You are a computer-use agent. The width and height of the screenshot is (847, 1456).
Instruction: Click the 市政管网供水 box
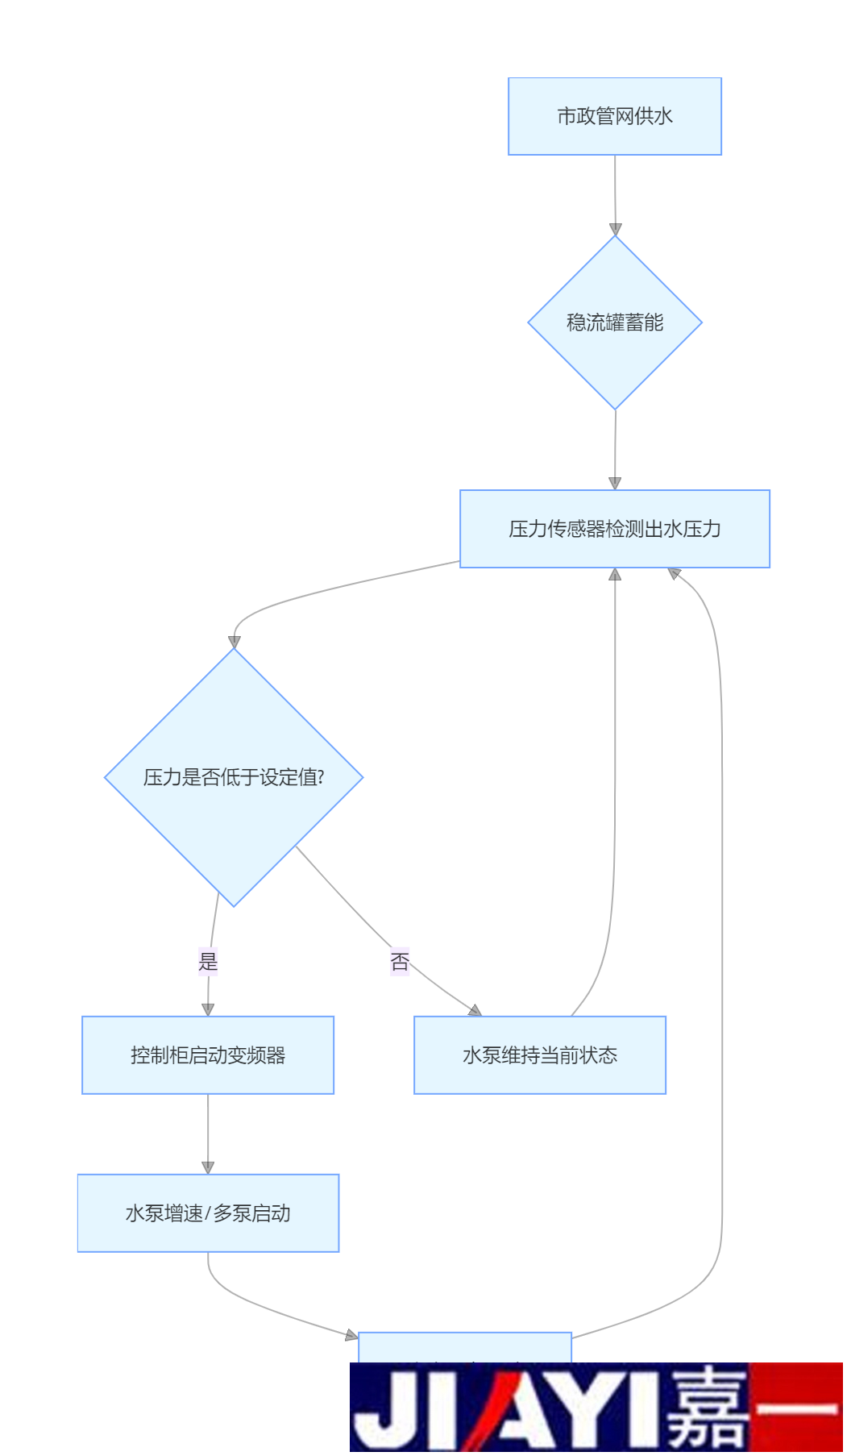coord(614,116)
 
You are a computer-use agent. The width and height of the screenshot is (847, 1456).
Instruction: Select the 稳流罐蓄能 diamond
coord(614,322)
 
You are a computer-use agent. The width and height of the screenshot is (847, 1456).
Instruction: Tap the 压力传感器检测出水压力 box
coord(614,529)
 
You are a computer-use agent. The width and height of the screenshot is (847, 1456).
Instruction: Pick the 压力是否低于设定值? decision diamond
coord(234,777)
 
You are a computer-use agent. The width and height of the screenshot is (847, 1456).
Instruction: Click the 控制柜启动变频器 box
coord(208,1055)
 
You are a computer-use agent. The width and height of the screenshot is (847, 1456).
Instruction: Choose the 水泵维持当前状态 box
coord(539,1055)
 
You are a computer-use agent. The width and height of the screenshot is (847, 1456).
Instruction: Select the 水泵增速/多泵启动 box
coord(208,1213)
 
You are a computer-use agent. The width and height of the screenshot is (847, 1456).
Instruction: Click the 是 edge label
coord(208,961)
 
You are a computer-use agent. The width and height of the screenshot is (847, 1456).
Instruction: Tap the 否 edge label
coord(400,961)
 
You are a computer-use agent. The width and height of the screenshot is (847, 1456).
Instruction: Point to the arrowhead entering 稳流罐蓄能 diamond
coord(615,230)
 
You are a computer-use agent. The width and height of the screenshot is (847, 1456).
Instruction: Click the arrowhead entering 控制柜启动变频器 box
coord(208,1009)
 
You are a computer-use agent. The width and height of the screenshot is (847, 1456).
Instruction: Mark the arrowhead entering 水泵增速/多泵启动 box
coord(208,1167)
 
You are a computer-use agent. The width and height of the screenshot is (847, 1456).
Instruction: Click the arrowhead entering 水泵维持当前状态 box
coord(475,1010)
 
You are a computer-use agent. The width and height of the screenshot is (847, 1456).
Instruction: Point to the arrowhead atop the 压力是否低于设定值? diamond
coord(235,643)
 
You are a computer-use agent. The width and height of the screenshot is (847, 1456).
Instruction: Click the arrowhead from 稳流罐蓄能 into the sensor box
coord(615,484)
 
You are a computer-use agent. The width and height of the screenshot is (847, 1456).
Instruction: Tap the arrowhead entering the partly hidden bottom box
coord(351,1336)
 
